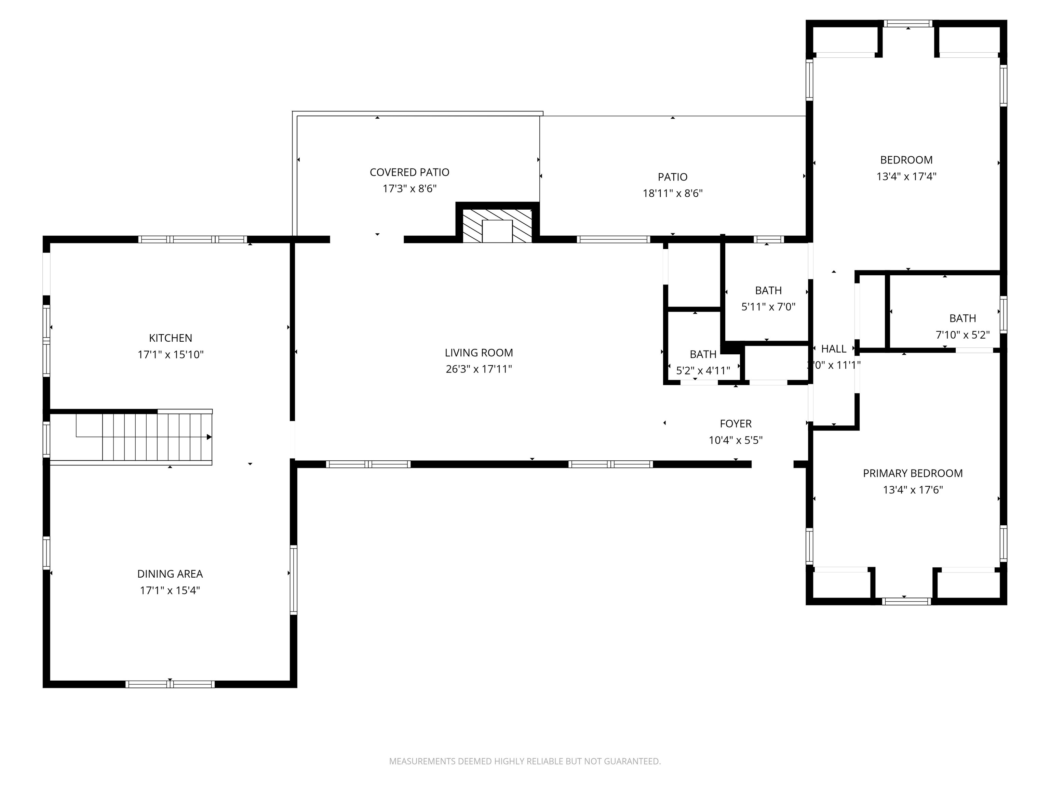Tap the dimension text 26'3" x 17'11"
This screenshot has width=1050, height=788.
point(479,369)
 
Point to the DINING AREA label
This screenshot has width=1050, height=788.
point(170,574)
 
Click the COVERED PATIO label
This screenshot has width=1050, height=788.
point(409,172)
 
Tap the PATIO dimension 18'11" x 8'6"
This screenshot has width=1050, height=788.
point(672,193)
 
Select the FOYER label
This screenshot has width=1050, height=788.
point(735,424)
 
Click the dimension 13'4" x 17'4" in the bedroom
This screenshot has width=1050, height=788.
point(906,176)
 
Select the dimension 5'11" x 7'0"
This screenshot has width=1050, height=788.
point(768,307)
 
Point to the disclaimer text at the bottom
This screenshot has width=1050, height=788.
point(525,761)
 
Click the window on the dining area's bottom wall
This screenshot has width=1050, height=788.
point(170,684)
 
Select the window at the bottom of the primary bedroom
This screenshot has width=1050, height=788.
point(906,601)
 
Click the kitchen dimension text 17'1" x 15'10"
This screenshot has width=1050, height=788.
point(171,354)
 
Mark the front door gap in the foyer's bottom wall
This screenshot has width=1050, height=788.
point(772,464)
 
